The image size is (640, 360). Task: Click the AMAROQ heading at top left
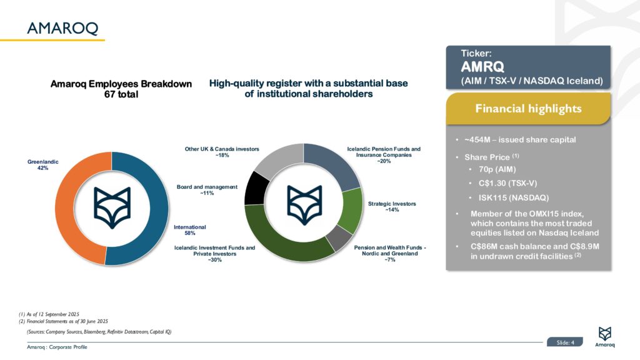click(62, 27)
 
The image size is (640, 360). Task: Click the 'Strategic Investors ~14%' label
click(392, 206)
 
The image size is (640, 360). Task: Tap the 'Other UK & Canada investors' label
click(222, 152)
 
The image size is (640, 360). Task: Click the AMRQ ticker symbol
click(482, 67)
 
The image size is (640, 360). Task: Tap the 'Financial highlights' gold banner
click(528, 109)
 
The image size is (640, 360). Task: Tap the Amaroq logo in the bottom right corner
click(604, 336)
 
